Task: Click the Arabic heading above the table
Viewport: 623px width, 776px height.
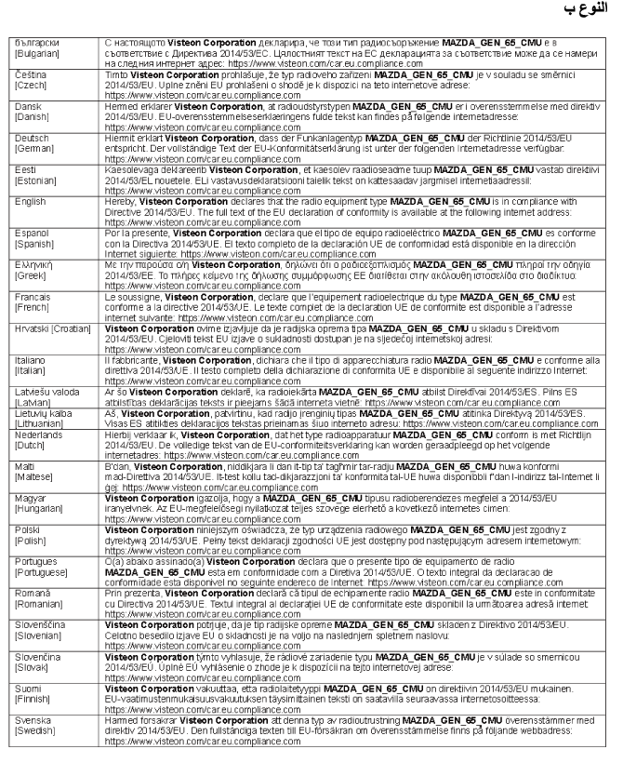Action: pyautogui.click(x=586, y=16)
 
